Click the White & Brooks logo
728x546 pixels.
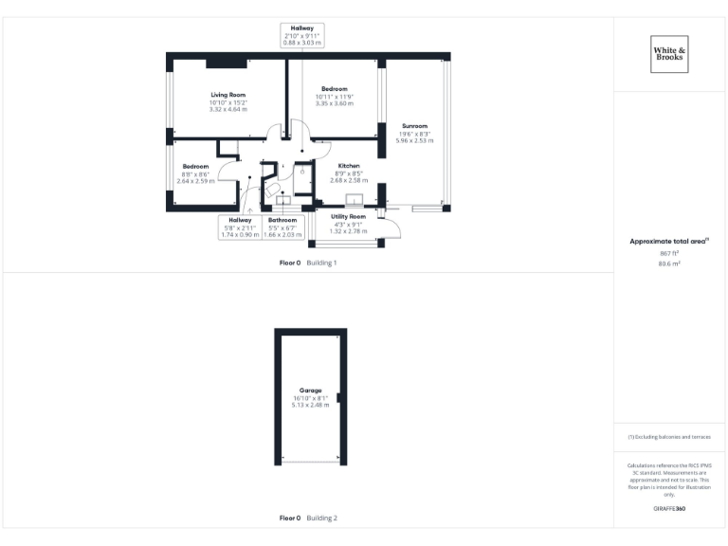tap(670, 53)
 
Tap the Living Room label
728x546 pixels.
tap(227, 95)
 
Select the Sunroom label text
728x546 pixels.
tap(414, 126)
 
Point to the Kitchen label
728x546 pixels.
tap(349, 166)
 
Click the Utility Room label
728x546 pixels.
tap(348, 217)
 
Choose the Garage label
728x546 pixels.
tap(310, 391)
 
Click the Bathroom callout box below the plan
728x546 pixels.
tap(282, 227)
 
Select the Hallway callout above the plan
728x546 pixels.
tap(302, 36)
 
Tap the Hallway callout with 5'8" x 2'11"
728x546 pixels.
tap(239, 227)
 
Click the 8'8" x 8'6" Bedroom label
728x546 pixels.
tap(196, 167)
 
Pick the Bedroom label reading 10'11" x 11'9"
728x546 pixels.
tap(334, 89)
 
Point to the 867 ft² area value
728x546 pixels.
tap(669, 254)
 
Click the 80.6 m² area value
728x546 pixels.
tap(669, 264)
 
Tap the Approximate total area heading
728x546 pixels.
tap(669, 242)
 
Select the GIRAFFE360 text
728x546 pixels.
tap(669, 509)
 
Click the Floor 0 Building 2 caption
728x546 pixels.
tap(308, 519)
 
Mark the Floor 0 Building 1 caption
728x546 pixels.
tap(308, 262)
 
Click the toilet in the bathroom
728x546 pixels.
tap(268, 188)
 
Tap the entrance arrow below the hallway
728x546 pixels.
tap(249, 209)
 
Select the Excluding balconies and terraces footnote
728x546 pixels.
tap(669, 437)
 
